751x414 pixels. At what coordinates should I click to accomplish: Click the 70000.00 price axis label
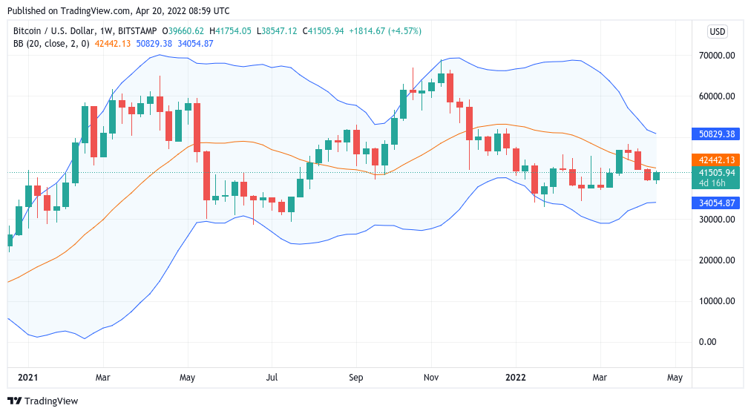click(x=716, y=56)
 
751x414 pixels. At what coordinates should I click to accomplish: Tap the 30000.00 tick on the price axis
click(x=716, y=220)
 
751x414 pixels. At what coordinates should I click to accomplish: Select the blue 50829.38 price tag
click(x=716, y=134)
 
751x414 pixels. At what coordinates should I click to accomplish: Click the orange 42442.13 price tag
click(x=716, y=160)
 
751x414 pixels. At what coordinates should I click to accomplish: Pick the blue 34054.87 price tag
click(x=716, y=203)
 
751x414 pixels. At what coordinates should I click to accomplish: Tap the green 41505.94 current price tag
click(x=716, y=173)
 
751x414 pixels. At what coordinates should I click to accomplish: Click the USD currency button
click(x=718, y=31)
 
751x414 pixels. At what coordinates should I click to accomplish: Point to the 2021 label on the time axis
click(x=27, y=378)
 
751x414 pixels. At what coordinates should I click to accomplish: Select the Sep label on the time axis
click(x=356, y=378)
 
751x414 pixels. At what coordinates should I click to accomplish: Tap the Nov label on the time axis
click(x=430, y=378)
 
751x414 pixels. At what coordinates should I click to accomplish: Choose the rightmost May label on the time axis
click(x=675, y=378)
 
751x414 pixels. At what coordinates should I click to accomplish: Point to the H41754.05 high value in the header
click(x=231, y=30)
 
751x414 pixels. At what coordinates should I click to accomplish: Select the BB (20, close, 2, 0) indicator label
click(x=51, y=44)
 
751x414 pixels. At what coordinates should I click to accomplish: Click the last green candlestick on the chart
click(x=656, y=176)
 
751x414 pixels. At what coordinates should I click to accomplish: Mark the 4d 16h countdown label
click(x=716, y=183)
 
